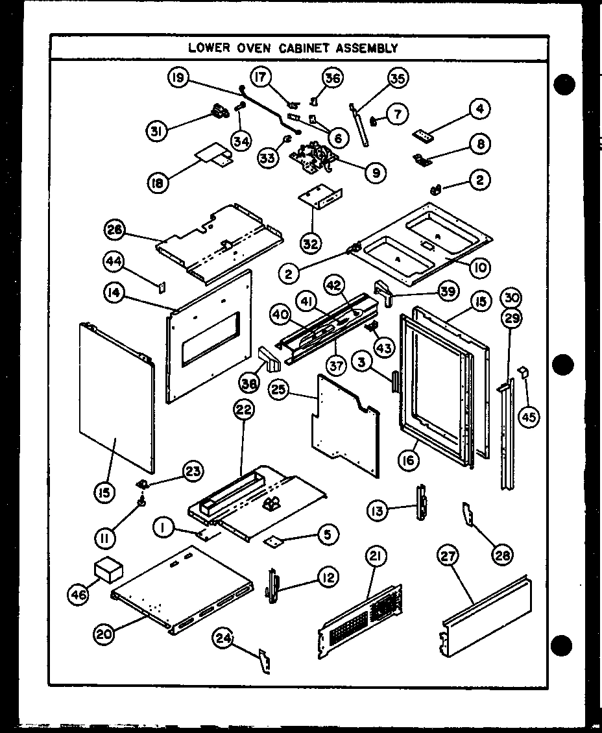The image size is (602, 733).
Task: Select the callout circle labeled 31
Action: pos(156,131)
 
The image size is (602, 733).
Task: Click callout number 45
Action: pos(529,416)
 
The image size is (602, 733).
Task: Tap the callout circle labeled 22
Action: pos(245,411)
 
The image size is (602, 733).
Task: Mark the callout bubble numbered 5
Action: pos(327,535)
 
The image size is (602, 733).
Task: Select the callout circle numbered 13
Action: pos(378,511)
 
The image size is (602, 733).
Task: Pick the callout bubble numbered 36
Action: pos(333,78)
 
